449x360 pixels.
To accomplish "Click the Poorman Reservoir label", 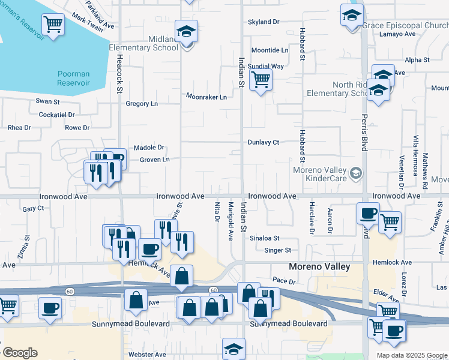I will (73, 79).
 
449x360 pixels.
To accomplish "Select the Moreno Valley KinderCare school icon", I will (357, 173).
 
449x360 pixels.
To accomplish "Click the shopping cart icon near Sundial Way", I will (261, 79).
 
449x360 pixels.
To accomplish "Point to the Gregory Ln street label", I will (142, 104).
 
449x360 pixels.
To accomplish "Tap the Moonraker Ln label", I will (206, 97).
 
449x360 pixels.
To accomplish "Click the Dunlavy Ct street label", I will (264, 143).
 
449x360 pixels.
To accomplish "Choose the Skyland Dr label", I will (264, 22).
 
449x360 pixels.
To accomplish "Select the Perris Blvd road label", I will (364, 133).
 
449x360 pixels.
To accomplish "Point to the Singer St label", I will (278, 250).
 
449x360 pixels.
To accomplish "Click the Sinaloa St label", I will (265, 238).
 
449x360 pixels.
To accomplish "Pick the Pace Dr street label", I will (284, 280).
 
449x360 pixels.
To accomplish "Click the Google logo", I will (19, 353).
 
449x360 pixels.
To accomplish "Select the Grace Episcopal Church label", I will (405, 26).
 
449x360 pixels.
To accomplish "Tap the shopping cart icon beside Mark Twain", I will (53, 24).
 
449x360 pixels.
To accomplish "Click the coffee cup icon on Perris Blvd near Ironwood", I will (367, 212).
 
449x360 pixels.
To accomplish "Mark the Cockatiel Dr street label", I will (56, 115).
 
